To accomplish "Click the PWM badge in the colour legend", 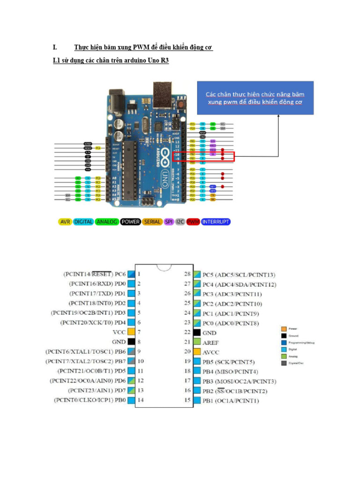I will click(193, 221).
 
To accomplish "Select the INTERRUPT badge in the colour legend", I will click(216, 221).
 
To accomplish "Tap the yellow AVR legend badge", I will click(65, 221).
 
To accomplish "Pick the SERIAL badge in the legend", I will click(152, 221).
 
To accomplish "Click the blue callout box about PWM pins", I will click(255, 98).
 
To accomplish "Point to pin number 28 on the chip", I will click(187, 274).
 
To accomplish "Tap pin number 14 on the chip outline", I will click(140, 400).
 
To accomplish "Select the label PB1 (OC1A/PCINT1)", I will click(231, 401).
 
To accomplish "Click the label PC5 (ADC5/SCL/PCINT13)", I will click(239, 274).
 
